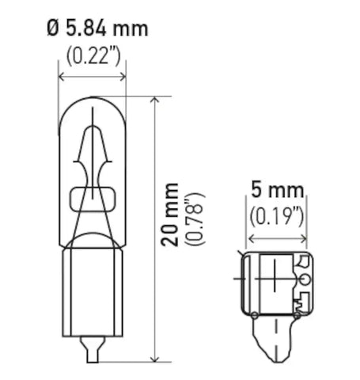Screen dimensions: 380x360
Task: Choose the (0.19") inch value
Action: pyautogui.click(x=277, y=215)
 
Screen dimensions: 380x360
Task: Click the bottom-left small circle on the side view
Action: pyautogui.click(x=253, y=317)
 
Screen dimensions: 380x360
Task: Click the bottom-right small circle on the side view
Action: pyautogui.click(x=296, y=317)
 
